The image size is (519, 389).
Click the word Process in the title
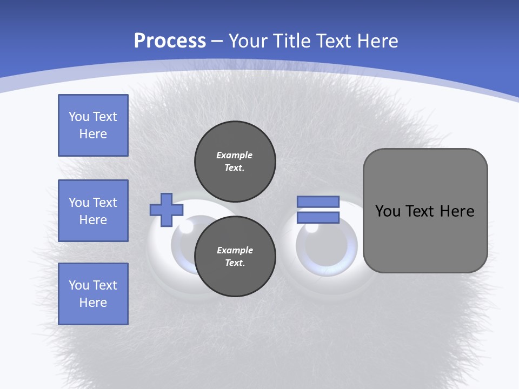coord(170,41)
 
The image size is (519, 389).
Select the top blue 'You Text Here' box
coord(93,125)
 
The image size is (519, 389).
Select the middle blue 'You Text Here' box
coord(93,211)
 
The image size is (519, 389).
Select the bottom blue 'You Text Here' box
coord(93,294)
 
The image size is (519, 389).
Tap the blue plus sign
coord(167,210)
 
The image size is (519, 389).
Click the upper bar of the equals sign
coord(318,202)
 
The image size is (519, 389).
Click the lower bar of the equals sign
coord(318,218)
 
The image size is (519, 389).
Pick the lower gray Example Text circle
coord(235,256)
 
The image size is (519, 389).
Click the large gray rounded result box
coord(425,238)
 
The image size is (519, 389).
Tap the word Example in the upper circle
coord(234,155)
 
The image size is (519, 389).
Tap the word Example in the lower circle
coord(235,250)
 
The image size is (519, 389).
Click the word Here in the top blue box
coord(93,134)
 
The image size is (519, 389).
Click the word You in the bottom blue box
coord(79,285)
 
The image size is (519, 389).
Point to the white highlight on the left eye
coord(187,227)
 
